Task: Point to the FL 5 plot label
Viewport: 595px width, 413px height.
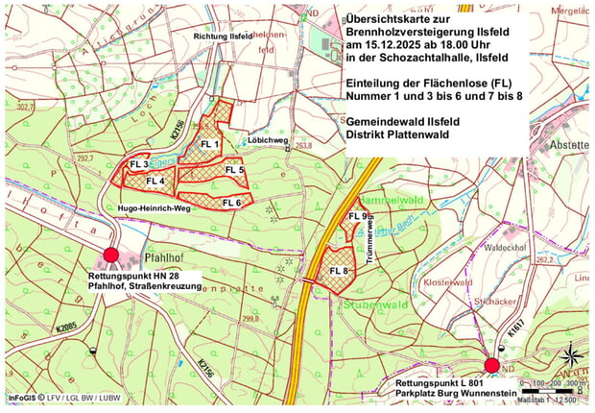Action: [235, 170]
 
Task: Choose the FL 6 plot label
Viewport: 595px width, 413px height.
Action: [231, 203]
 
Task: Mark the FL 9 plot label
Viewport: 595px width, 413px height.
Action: [358, 216]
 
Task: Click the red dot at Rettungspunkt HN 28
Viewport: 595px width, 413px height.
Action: [110, 255]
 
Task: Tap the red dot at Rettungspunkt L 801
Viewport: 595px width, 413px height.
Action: [492, 365]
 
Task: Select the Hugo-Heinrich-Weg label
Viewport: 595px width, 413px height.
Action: [157, 207]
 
